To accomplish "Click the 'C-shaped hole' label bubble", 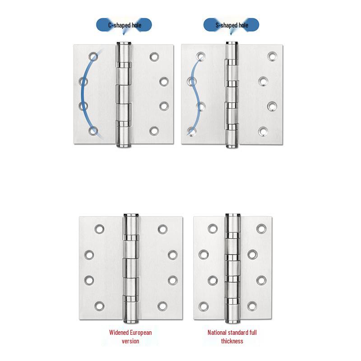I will click(x=124, y=25).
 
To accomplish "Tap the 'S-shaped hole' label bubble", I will click(x=231, y=25).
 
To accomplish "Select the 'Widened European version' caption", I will click(x=130, y=337).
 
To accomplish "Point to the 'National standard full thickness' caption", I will click(x=232, y=337).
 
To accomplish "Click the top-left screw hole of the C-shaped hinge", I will click(x=93, y=57).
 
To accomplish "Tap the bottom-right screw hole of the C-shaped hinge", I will click(x=154, y=131).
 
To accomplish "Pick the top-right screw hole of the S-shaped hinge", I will click(x=271, y=56).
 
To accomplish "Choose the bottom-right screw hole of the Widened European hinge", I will click(x=163, y=305).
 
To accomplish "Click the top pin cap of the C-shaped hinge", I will click(x=124, y=44).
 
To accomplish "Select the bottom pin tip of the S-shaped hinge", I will click(x=231, y=145).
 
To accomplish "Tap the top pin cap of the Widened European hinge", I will click(x=130, y=216).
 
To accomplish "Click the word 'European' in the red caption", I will click(x=140, y=333).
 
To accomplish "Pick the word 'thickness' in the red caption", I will click(x=232, y=341).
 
